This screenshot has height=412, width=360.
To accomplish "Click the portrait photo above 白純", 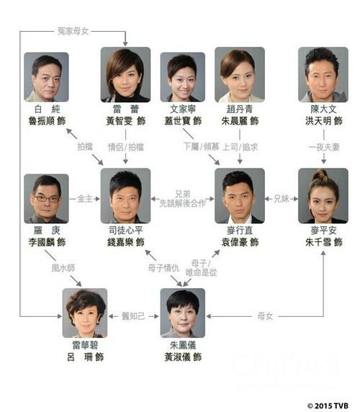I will click(47, 76).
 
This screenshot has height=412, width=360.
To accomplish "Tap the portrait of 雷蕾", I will click(125, 75).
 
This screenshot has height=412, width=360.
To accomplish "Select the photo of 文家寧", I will click(181, 76).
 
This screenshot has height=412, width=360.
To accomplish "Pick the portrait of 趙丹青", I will click(239, 75).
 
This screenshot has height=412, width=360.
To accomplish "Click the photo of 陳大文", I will click(323, 75).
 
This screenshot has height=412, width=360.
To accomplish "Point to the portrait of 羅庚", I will click(47, 198).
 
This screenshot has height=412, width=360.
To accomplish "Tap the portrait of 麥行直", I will click(239, 196).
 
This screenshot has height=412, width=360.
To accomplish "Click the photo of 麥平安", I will click(323, 196).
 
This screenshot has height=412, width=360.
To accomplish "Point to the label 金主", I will click(84, 197).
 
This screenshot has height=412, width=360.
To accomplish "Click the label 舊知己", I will click(133, 315).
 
